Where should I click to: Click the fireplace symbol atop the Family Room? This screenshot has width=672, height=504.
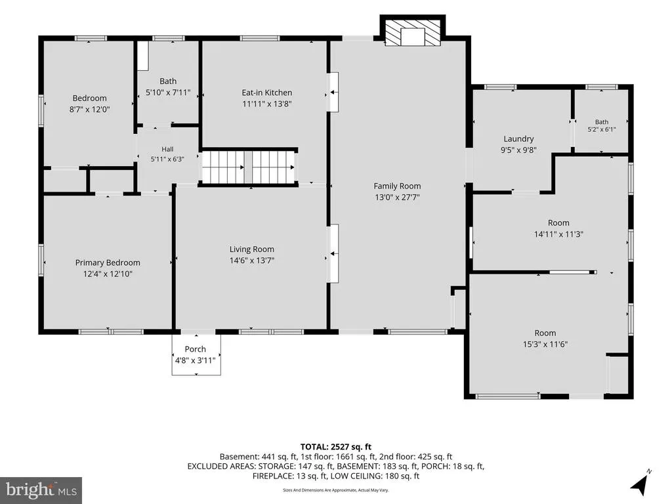pyautogui.click(x=413, y=33)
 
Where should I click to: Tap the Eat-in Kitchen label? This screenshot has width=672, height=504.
pyautogui.click(x=267, y=93)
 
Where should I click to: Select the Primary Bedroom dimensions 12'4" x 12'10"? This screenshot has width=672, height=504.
pyautogui.click(x=108, y=274)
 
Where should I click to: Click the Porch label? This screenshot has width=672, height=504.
pyautogui.click(x=196, y=349)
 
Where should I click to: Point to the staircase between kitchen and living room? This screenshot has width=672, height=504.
pyautogui.click(x=249, y=167)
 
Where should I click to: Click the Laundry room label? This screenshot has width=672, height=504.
pyautogui.click(x=518, y=139)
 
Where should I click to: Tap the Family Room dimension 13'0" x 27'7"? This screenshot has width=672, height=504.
pyautogui.click(x=397, y=197)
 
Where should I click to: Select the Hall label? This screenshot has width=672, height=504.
pyautogui.click(x=167, y=149)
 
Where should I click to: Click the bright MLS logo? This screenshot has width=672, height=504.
pyautogui.click(x=41, y=490)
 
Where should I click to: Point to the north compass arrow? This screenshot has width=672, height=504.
pyautogui.click(x=640, y=483)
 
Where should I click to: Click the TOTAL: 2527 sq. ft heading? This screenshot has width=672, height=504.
pyautogui.click(x=335, y=447)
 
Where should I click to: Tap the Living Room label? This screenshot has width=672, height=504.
pyautogui.click(x=251, y=249)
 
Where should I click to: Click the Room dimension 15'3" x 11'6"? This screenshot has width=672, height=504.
pyautogui.click(x=545, y=344)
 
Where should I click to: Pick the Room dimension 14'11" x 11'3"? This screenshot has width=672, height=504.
pyautogui.click(x=559, y=234)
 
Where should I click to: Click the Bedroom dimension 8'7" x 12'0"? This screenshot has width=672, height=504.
pyautogui.click(x=89, y=110)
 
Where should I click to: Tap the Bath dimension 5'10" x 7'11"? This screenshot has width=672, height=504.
pyautogui.click(x=168, y=92)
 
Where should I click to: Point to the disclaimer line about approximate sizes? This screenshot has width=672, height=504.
pyautogui.click(x=335, y=490)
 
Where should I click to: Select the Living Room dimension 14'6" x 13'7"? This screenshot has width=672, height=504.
pyautogui.click(x=252, y=260)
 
